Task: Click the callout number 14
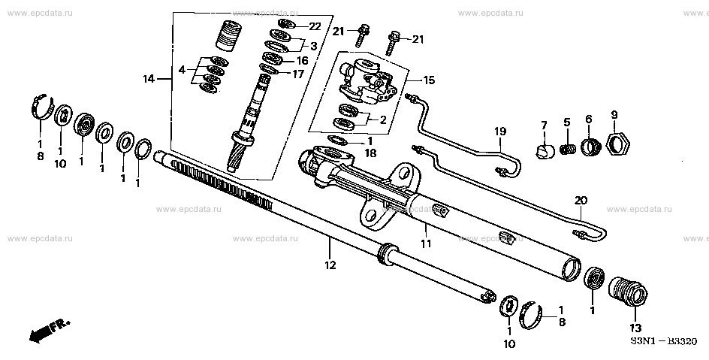pyautogui.click(x=148, y=79)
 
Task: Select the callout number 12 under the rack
pyautogui.click(x=330, y=265)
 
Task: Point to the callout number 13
pyautogui.click(x=636, y=328)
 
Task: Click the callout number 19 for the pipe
pyautogui.click(x=500, y=131)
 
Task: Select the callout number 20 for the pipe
pyautogui.click(x=581, y=201)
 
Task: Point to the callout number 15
pyautogui.click(x=429, y=79)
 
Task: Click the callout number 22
pyautogui.click(x=315, y=26)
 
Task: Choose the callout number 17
pyautogui.click(x=299, y=74)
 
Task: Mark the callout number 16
pyautogui.click(x=301, y=60)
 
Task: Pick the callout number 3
pyautogui.click(x=314, y=46)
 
